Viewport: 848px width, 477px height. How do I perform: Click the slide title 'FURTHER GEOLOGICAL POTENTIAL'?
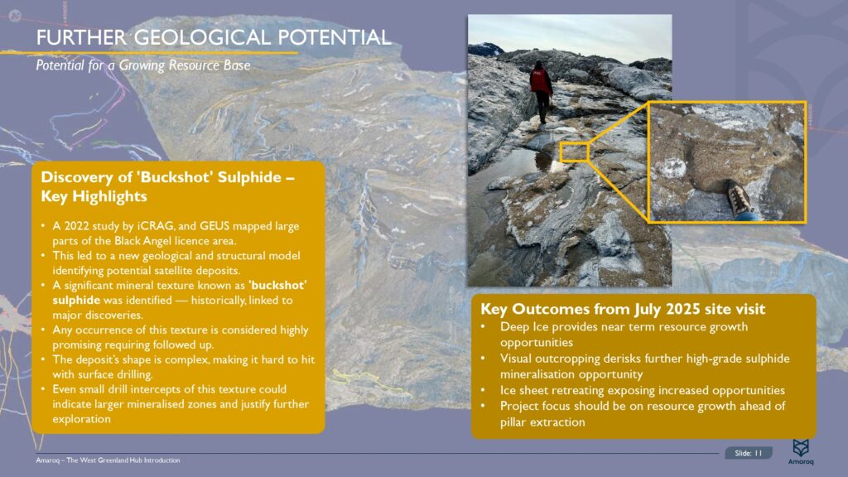[x=214, y=37]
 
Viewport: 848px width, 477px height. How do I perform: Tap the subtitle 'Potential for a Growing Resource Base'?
[x=142, y=65]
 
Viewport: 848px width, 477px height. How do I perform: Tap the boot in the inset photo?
[x=738, y=199]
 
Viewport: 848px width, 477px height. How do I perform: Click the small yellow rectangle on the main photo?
[x=573, y=151]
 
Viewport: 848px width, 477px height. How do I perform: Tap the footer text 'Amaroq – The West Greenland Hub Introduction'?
[x=108, y=460]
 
